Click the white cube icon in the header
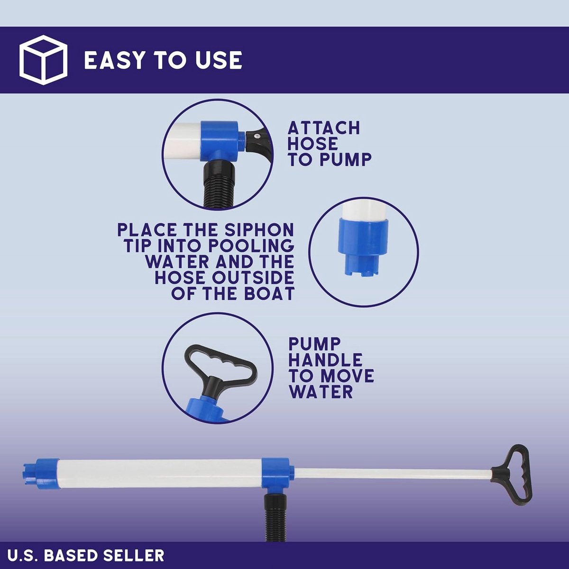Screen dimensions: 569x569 click(43, 60)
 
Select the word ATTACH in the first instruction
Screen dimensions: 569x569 click(324, 128)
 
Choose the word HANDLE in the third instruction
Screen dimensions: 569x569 click(325, 360)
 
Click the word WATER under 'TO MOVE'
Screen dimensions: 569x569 click(321, 392)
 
